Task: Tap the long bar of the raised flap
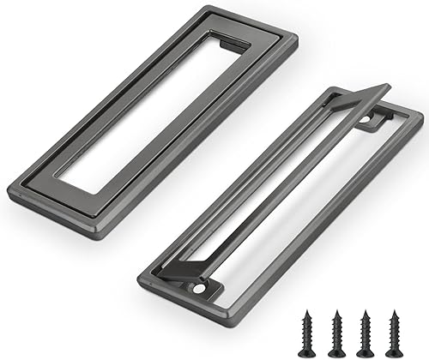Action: (283, 180)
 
